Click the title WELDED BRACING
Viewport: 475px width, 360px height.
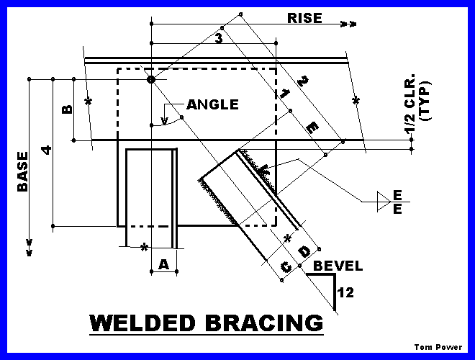tap(207, 323)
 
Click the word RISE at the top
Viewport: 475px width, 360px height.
tap(304, 18)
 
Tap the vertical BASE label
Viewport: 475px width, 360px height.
tap(23, 171)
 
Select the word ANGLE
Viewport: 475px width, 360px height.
tap(212, 104)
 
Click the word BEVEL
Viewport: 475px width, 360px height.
tap(338, 266)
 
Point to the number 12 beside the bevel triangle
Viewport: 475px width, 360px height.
tap(345, 293)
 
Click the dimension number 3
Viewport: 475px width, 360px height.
tap(218, 39)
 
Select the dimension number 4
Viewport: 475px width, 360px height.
tap(46, 150)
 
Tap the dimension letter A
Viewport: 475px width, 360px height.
tap(163, 264)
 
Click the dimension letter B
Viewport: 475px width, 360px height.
tap(67, 109)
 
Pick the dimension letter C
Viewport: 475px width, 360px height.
tap(286, 267)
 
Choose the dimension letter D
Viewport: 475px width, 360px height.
tap(304, 251)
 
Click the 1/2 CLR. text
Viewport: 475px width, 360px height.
tap(410, 103)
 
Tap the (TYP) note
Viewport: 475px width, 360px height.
tap(425, 101)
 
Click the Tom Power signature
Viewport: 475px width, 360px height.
tap(438, 347)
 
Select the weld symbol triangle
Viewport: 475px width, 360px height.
tap(384, 201)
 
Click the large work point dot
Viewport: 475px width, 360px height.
tap(151, 79)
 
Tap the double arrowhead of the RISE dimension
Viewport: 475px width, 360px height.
tap(348, 24)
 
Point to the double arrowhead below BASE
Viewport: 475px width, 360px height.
tap(29, 248)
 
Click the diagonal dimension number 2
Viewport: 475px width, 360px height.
tap(302, 81)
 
